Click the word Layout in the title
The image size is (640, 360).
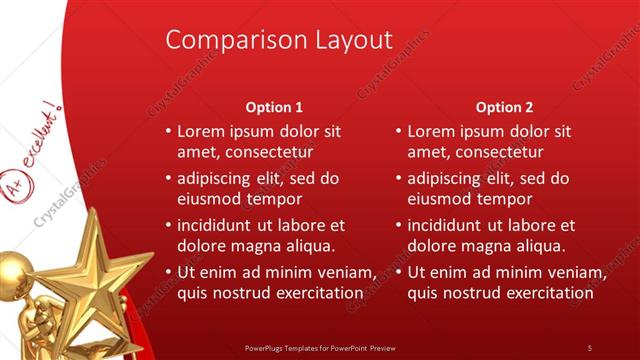click(x=349, y=40)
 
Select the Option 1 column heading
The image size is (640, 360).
click(x=274, y=107)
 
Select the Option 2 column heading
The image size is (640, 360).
click(x=505, y=107)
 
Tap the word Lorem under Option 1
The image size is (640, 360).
click(x=201, y=131)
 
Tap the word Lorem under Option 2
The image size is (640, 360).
click(x=432, y=131)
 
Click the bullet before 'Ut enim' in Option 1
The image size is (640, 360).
click(x=168, y=272)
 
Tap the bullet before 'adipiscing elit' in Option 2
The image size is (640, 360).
click(x=399, y=178)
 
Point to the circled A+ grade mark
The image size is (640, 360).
click(x=15, y=159)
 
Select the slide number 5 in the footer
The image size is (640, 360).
click(x=590, y=347)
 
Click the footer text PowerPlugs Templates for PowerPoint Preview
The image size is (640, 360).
click(x=320, y=347)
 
